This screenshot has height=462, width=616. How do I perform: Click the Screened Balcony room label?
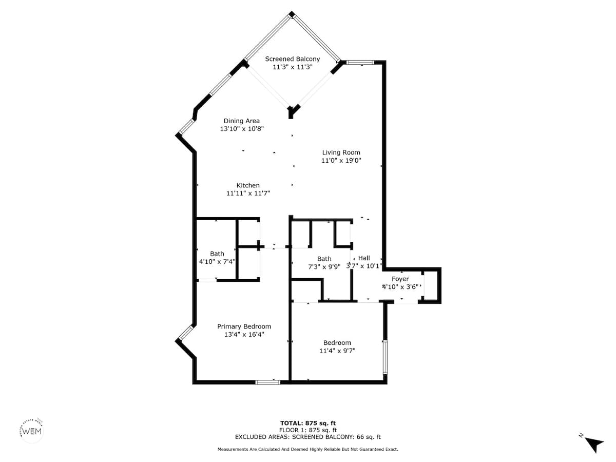293,59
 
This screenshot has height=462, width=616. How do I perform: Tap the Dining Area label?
241,121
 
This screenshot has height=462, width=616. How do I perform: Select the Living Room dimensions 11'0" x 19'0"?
341,161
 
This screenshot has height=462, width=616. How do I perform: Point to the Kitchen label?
248,185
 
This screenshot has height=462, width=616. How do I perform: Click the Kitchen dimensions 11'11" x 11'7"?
248,194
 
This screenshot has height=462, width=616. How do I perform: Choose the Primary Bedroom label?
244,326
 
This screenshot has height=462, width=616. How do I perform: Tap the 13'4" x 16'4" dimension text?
244,334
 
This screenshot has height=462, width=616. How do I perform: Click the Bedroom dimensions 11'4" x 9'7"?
337,351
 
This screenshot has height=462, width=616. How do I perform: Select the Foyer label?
400,279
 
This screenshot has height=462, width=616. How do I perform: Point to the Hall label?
364,258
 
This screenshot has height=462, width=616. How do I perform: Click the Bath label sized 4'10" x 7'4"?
217,254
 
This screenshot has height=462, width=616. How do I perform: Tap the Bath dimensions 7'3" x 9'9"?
324,267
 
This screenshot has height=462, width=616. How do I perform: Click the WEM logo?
32,431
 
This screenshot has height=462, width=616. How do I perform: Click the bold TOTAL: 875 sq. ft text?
308,423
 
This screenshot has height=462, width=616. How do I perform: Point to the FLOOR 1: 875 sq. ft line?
308,430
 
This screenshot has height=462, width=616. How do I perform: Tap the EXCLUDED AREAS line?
308,437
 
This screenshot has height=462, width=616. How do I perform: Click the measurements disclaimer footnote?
308,449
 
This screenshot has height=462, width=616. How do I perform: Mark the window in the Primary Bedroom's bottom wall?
267,382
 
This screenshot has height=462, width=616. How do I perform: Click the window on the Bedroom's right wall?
385,357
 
